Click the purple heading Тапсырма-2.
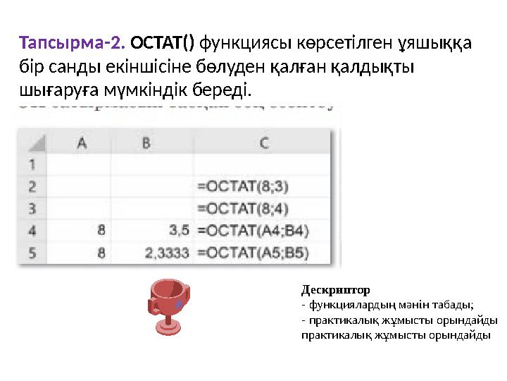pos(72,44)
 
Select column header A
pos(82,143)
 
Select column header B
pos(146,143)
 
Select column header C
pos(263,143)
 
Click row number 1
pos(32,165)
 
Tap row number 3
pos(32,209)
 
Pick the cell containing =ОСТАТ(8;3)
pos(243,187)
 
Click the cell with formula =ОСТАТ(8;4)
pos(243,209)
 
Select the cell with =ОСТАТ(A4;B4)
pos(253,230)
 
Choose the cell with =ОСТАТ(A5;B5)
pos(253,252)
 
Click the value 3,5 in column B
pos(180,230)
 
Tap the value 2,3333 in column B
pos(167,252)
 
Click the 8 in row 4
pos(102,230)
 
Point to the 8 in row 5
pos(102,252)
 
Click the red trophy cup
pos(169,303)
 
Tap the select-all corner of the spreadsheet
pos(32,143)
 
